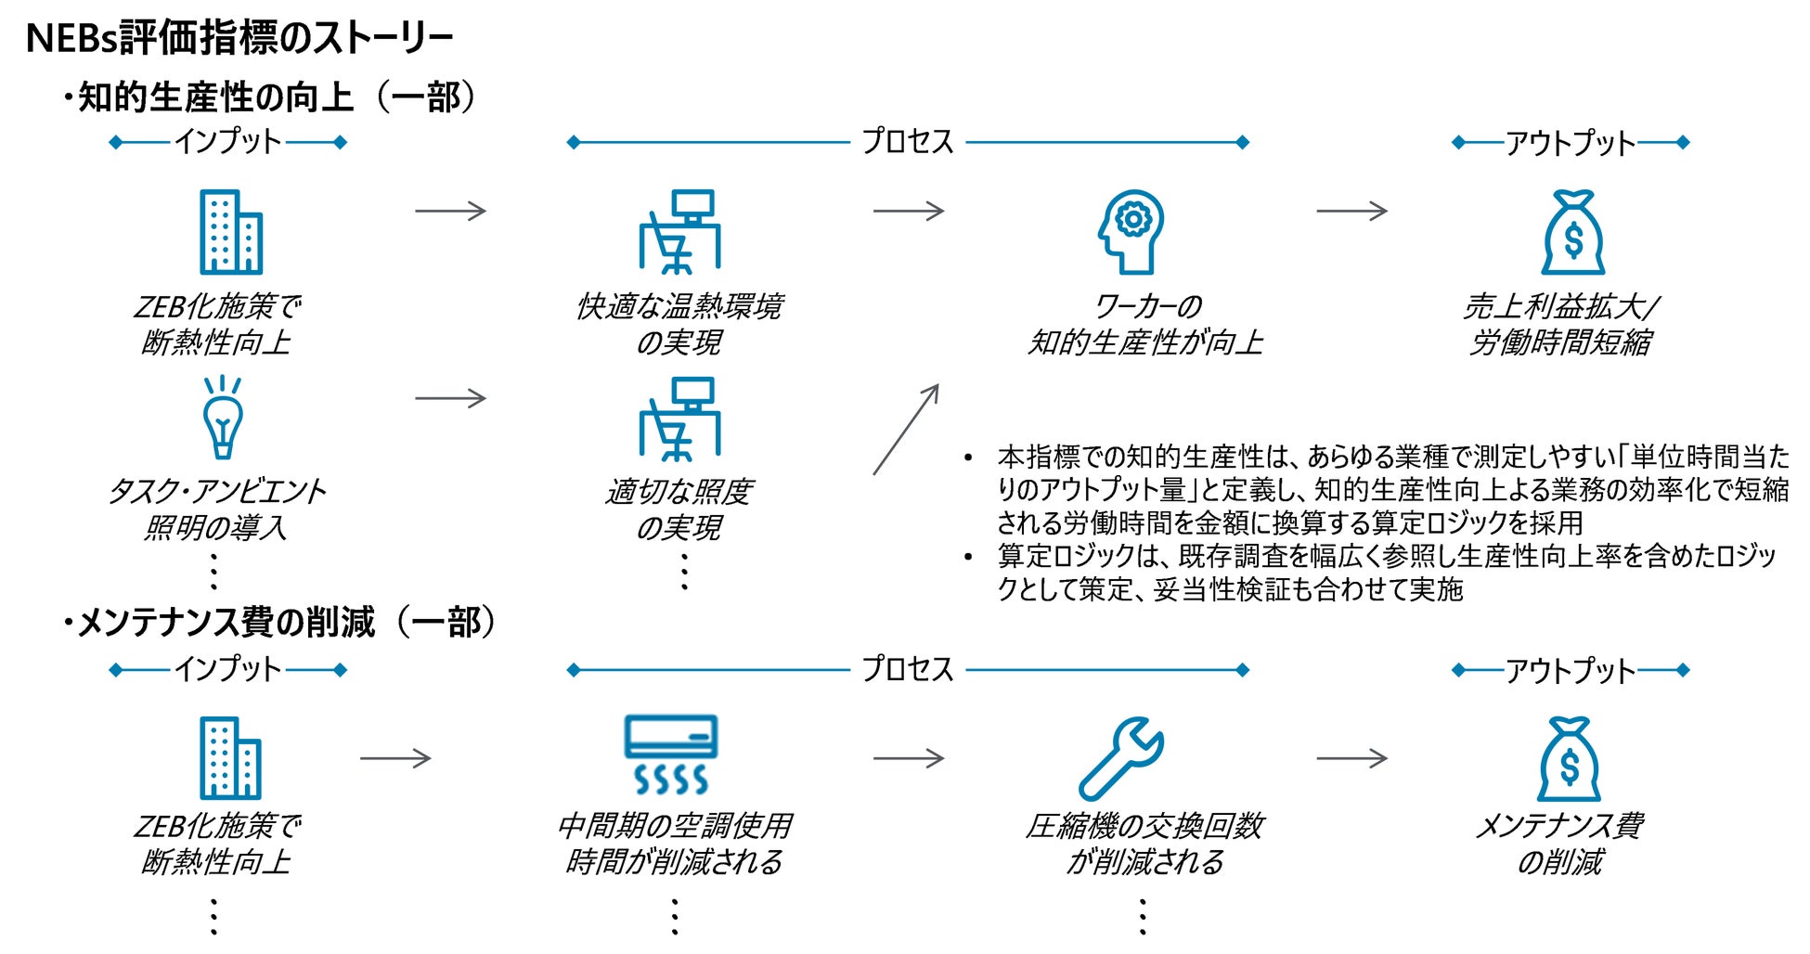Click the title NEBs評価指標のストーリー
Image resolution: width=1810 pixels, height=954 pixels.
click(x=239, y=38)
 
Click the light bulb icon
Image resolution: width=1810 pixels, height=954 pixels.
click(x=223, y=419)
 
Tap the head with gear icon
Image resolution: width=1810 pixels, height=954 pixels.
click(x=1131, y=232)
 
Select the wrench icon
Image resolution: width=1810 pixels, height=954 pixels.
click(x=1121, y=758)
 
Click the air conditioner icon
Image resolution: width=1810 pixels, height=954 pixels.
click(x=671, y=754)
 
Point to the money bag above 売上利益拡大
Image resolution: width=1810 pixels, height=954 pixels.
click(x=1572, y=233)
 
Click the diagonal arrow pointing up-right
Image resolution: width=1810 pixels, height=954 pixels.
click(x=906, y=429)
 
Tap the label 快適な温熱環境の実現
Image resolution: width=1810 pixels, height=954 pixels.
click(x=679, y=324)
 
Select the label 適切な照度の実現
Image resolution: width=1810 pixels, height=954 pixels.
click(x=679, y=509)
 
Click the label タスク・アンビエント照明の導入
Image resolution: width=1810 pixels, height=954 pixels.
click(x=216, y=509)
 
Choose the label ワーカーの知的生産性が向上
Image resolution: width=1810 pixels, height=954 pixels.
click(x=1145, y=324)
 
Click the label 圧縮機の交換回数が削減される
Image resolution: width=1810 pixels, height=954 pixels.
click(x=1144, y=844)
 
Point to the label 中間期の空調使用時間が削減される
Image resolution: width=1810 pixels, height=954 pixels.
click(x=675, y=844)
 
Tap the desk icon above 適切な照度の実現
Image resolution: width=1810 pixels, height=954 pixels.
click(x=679, y=419)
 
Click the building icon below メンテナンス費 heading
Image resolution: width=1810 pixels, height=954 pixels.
click(x=230, y=758)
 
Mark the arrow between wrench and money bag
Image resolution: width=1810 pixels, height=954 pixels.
click(x=1351, y=758)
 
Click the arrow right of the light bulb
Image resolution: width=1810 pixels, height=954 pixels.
click(x=450, y=398)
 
